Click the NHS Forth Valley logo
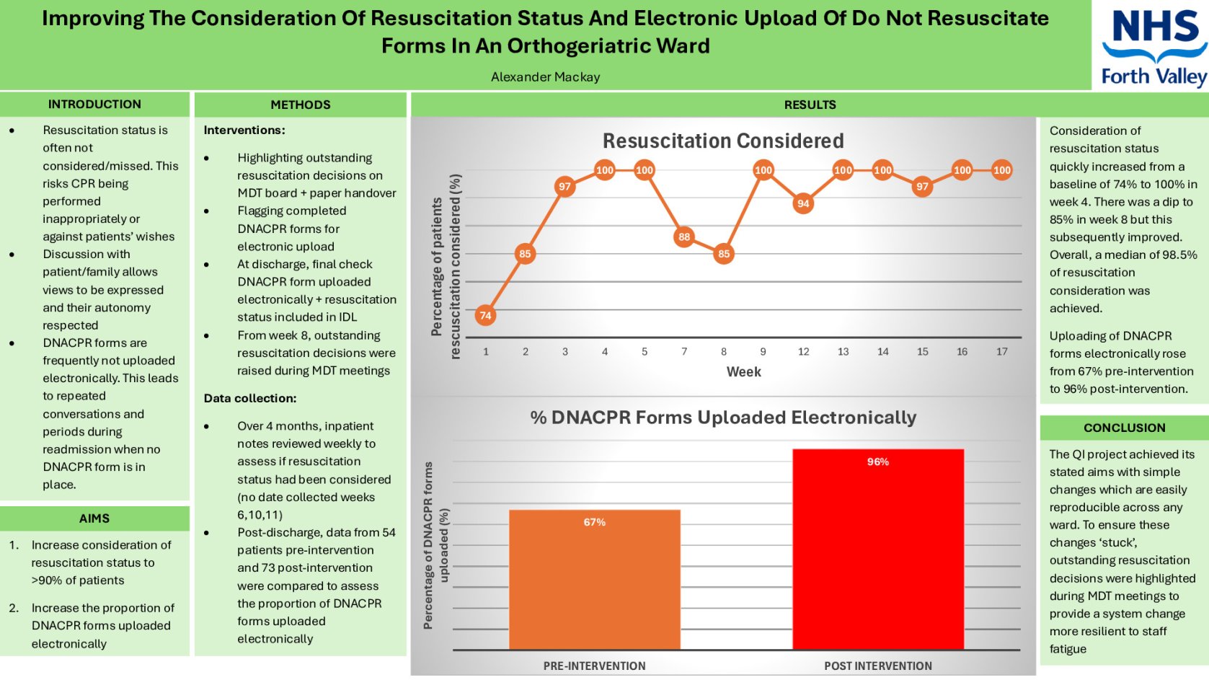tap(1153, 46)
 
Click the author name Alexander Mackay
tap(545, 77)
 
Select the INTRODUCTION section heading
tap(94, 104)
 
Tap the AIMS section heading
tap(94, 518)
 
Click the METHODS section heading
tap(300, 105)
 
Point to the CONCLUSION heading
tap(1124, 428)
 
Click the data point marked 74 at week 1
tap(485, 315)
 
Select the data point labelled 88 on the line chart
tap(683, 237)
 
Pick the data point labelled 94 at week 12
tap(803, 203)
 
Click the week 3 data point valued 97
tap(564, 187)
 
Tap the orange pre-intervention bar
tap(594, 584)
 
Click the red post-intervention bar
tap(877, 555)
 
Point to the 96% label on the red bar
tap(877, 462)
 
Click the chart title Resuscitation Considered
tap(722, 141)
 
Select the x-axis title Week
tap(743, 372)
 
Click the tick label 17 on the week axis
tap(1001, 352)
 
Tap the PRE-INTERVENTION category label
tap(594, 666)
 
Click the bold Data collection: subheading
tap(249, 398)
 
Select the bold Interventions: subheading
tap(244, 130)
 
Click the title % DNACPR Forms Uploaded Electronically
tap(722, 418)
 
